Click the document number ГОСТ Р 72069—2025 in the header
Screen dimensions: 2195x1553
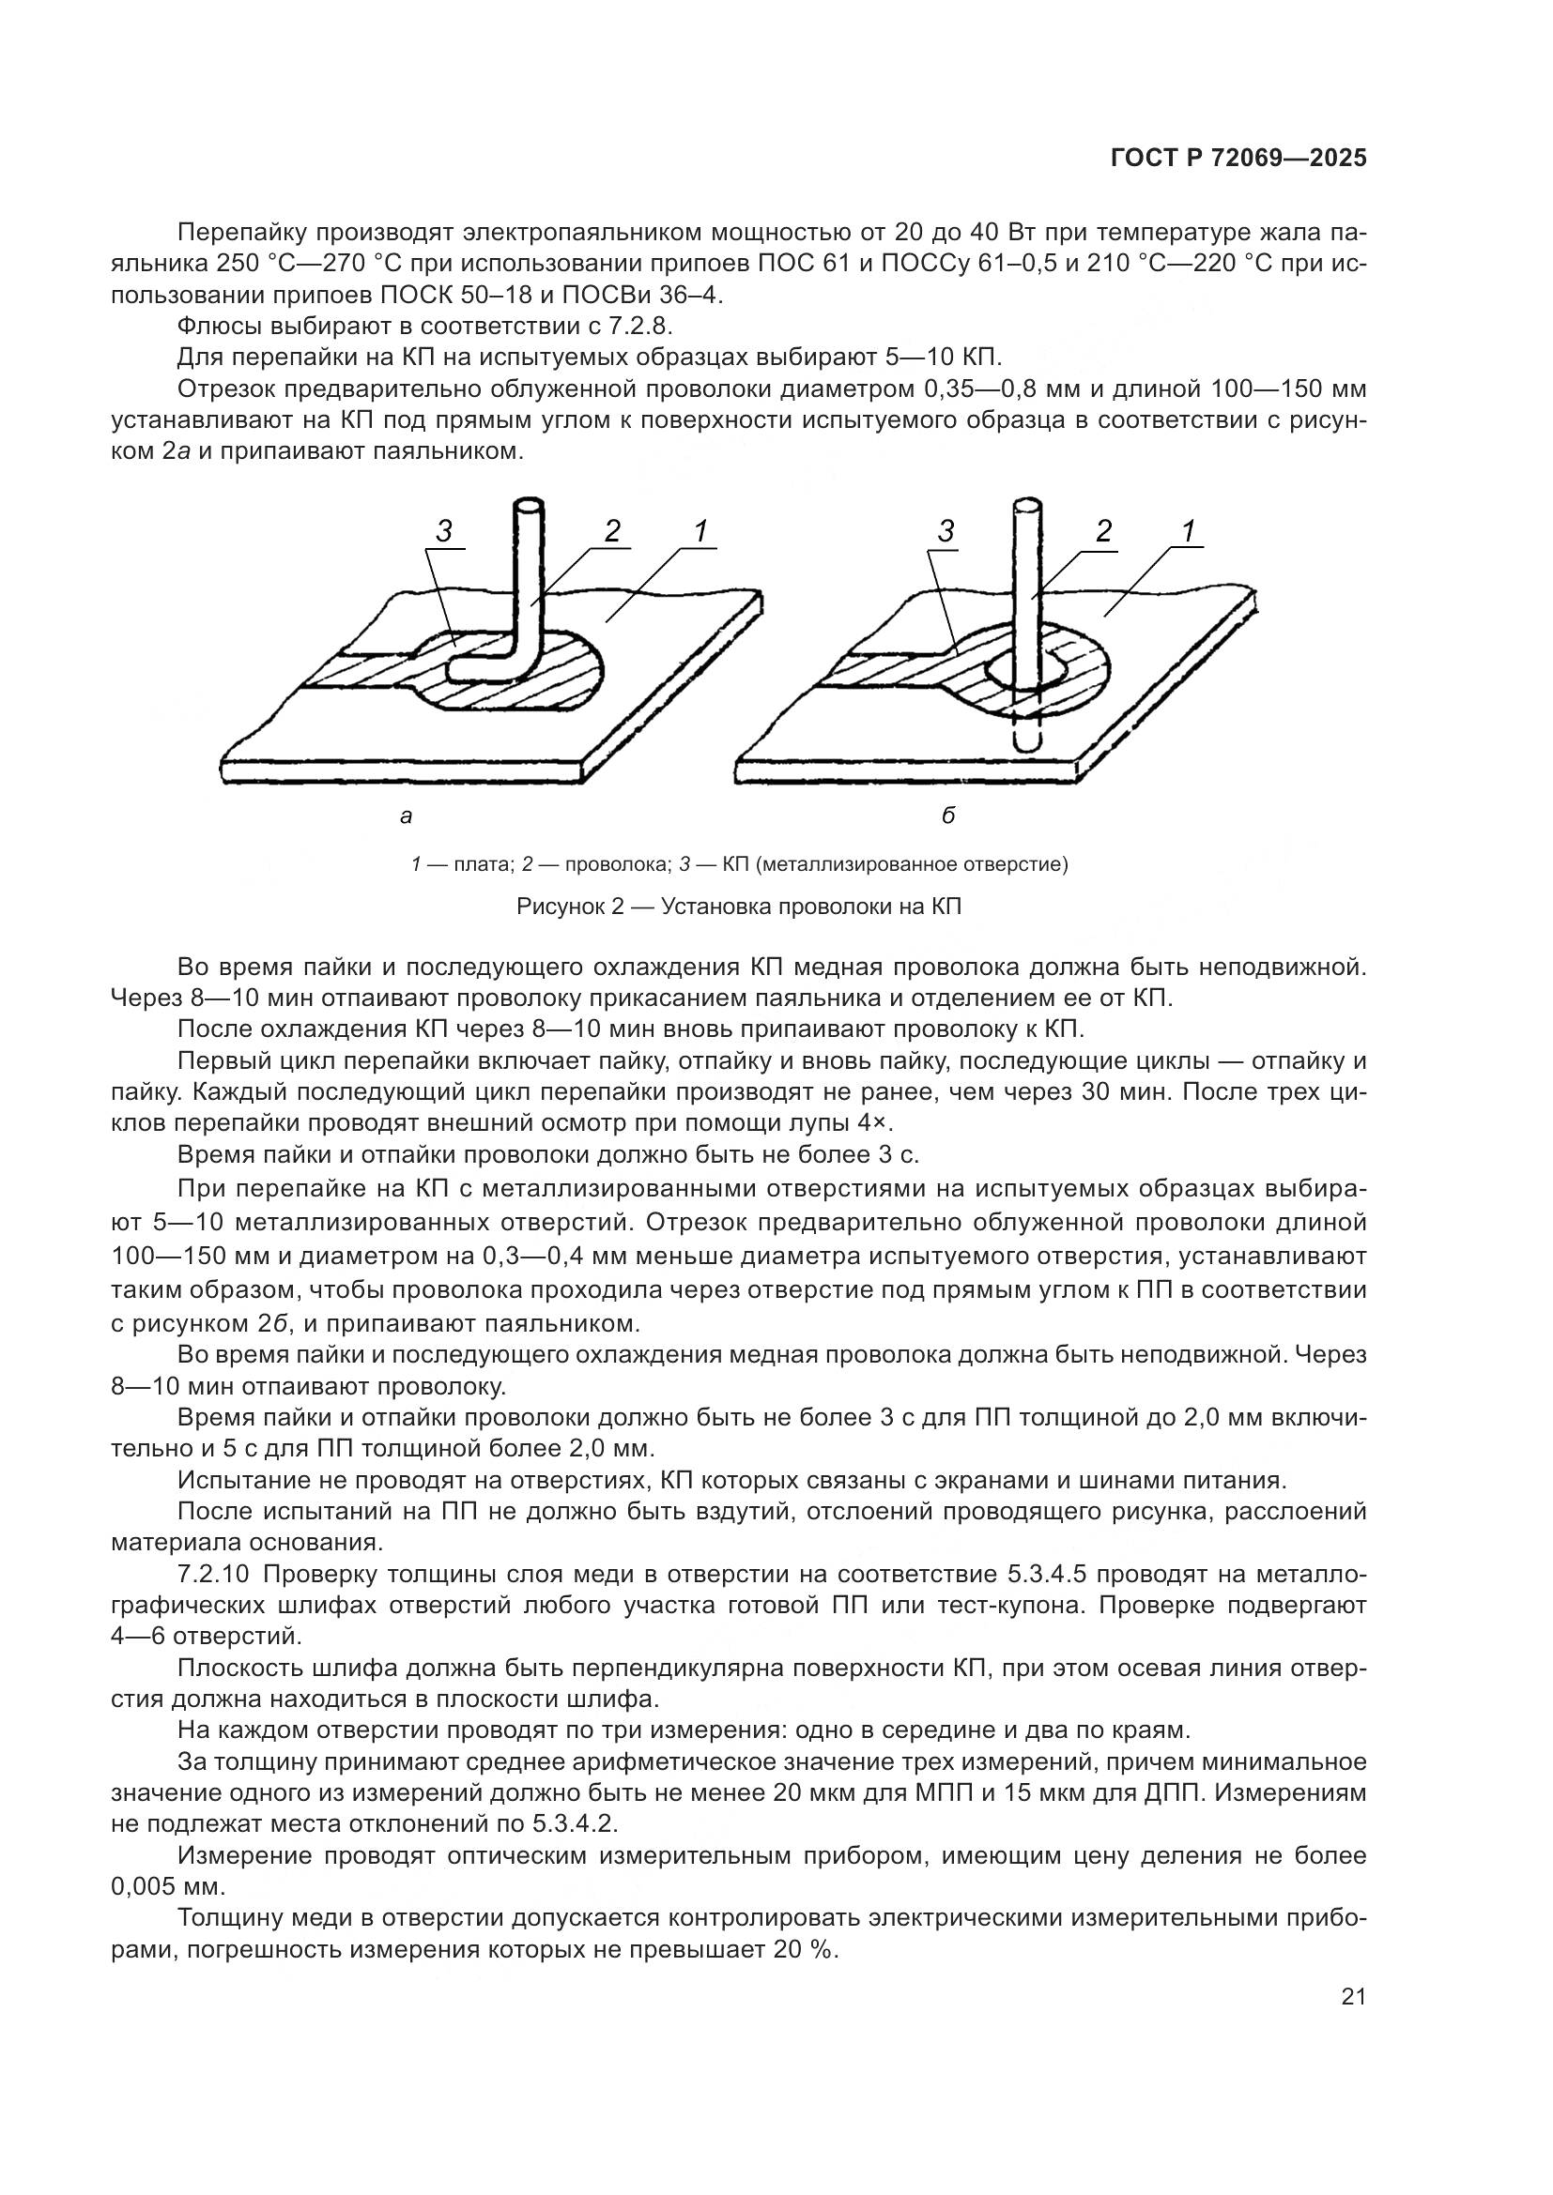pyautogui.click(x=1238, y=159)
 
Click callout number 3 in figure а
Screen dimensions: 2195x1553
pyautogui.click(x=444, y=531)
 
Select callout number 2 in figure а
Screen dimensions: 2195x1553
pyautogui.click(x=612, y=531)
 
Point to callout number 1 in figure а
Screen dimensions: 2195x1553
pyautogui.click(x=701, y=531)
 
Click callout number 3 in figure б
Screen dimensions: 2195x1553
pyautogui.click(x=946, y=531)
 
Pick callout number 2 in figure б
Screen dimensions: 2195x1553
pyautogui.click(x=1103, y=531)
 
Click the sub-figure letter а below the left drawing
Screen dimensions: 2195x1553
pyautogui.click(x=406, y=816)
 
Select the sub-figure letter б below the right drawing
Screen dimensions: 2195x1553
pyautogui.click(x=947, y=816)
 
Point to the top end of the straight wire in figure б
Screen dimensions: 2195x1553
pyautogui.click(x=1027, y=503)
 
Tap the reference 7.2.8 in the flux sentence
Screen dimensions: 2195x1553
pyautogui.click(x=640, y=326)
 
